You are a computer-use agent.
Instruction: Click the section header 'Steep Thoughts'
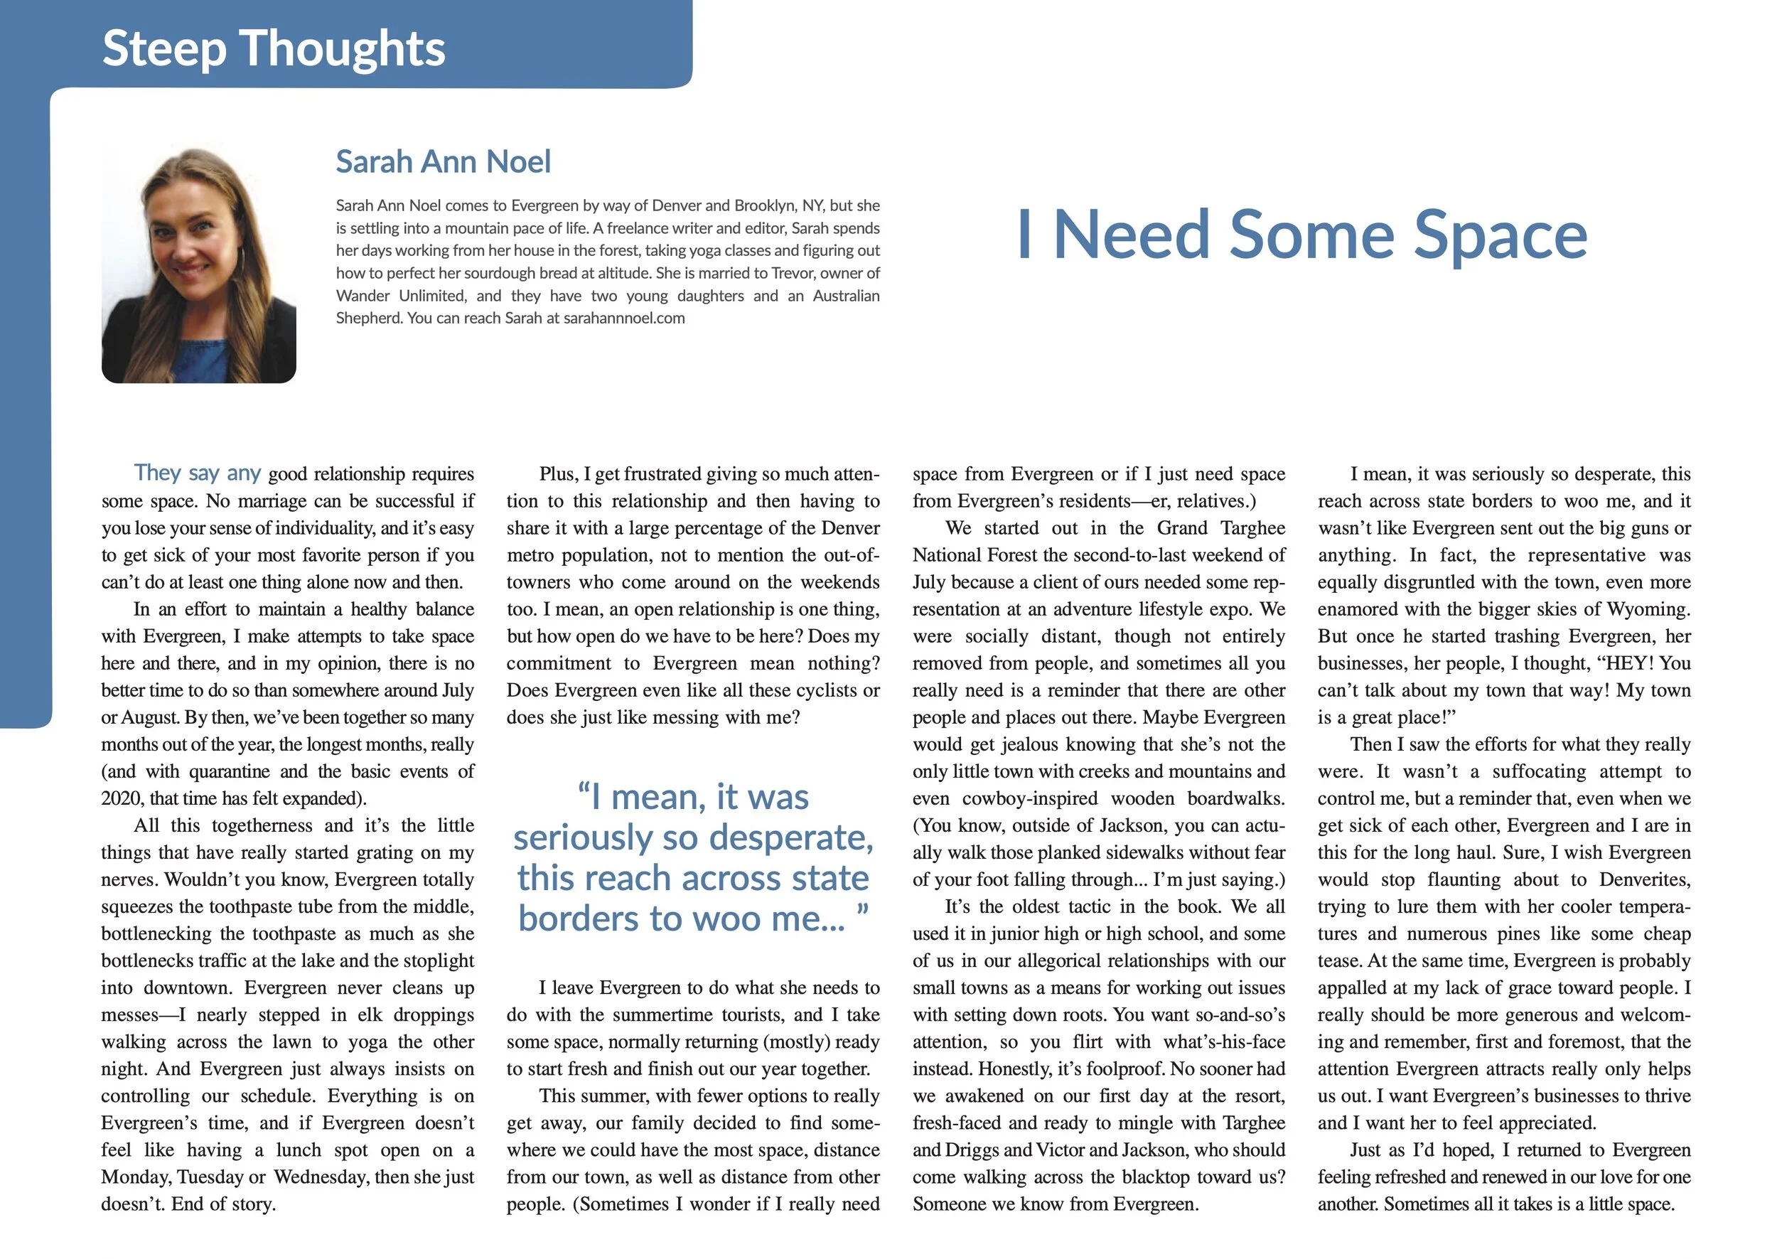click(x=274, y=48)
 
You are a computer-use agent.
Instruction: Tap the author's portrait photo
click(x=198, y=265)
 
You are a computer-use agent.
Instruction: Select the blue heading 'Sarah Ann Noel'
click(x=443, y=162)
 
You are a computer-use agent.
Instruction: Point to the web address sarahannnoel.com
click(x=624, y=318)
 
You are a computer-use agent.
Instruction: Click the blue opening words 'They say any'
click(x=197, y=473)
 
